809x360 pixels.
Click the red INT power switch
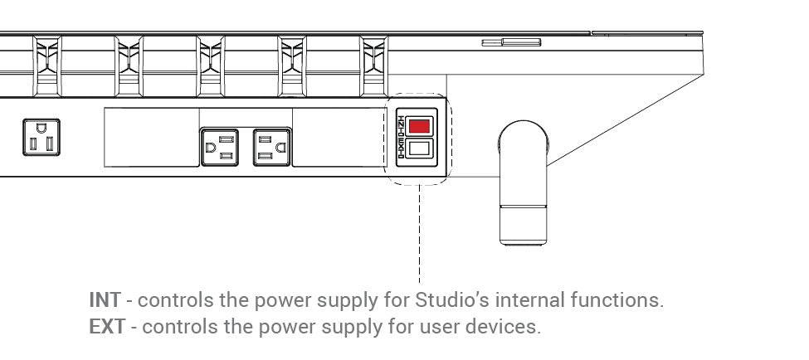[420, 125]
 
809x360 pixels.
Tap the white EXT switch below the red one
[420, 150]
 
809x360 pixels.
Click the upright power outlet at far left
[41, 137]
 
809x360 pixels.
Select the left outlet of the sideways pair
[220, 148]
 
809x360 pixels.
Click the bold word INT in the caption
[104, 300]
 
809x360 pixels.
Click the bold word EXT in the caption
[106, 327]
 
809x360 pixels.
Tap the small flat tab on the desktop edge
[511, 41]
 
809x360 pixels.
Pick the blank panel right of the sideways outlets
[338, 137]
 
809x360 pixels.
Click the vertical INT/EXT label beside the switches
[402, 138]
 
